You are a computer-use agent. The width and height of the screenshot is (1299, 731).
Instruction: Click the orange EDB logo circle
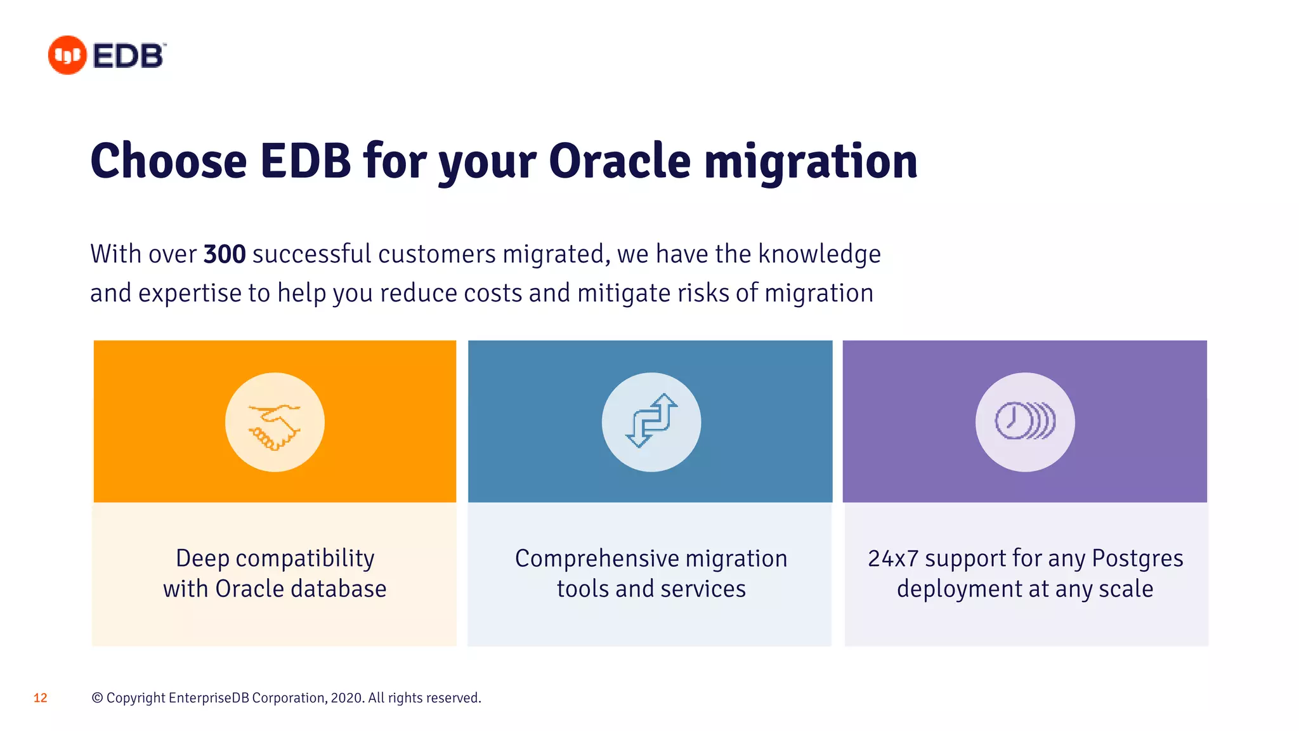pyautogui.click(x=67, y=55)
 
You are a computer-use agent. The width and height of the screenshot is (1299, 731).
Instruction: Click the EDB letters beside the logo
pyautogui.click(x=129, y=56)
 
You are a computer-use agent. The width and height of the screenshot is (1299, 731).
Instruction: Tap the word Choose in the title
pyautogui.click(x=168, y=161)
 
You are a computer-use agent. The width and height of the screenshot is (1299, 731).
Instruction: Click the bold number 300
pyautogui.click(x=224, y=254)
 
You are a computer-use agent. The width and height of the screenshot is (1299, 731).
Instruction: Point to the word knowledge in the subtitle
pyautogui.click(x=819, y=254)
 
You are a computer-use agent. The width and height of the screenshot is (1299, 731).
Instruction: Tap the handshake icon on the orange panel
pyautogui.click(x=275, y=423)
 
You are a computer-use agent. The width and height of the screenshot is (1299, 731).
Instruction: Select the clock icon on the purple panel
pyautogui.click(x=1024, y=421)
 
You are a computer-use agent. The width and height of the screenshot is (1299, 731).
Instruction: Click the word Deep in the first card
pyautogui.click(x=202, y=559)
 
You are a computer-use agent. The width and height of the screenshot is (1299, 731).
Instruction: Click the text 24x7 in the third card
pyautogui.click(x=893, y=559)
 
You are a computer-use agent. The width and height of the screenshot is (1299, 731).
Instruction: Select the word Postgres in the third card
pyautogui.click(x=1137, y=559)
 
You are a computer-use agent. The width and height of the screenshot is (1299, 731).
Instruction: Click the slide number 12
pyautogui.click(x=41, y=698)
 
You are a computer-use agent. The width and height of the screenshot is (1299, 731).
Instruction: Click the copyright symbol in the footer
pyautogui.click(x=97, y=698)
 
